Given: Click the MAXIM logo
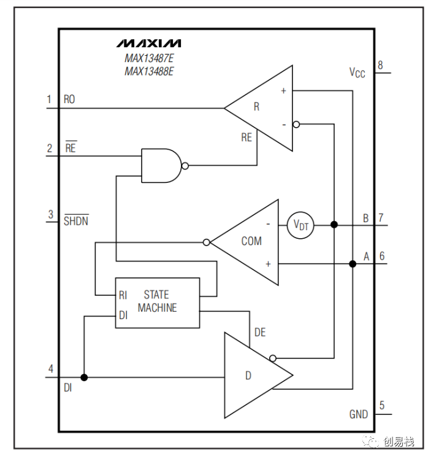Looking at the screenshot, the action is click(x=148, y=43).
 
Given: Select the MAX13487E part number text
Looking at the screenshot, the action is click(x=149, y=58).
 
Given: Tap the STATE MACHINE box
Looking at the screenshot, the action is click(x=158, y=303).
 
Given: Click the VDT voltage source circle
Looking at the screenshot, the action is click(x=300, y=225).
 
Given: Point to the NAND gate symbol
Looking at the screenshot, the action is click(x=161, y=166).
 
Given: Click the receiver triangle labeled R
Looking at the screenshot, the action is click(x=258, y=108).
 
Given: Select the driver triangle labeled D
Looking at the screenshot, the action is click(x=258, y=375).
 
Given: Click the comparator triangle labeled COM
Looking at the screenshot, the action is click(x=245, y=242).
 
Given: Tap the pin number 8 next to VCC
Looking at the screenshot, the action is click(x=380, y=65).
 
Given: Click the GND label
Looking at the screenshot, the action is click(x=358, y=414).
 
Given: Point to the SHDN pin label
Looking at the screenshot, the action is click(x=76, y=220).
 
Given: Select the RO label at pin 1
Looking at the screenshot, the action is click(x=69, y=99).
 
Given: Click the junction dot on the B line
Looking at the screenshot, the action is click(x=334, y=225).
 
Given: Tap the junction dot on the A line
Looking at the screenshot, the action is click(x=353, y=264).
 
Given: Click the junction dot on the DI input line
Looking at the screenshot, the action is click(x=84, y=377).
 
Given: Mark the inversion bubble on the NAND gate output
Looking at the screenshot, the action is click(x=185, y=166).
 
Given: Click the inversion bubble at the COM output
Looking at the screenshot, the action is click(x=207, y=242).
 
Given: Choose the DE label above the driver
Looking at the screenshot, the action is click(x=260, y=333).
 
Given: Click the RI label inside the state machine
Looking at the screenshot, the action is click(x=123, y=295).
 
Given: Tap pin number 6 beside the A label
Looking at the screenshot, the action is click(x=382, y=256).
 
